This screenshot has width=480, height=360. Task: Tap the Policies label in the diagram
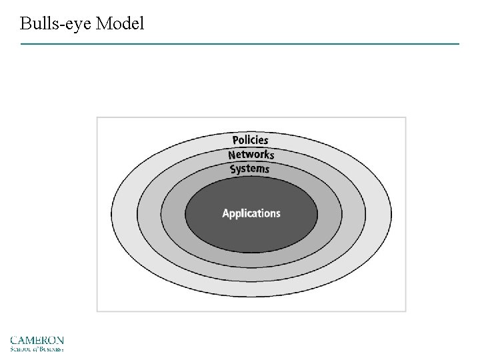[x=250, y=140]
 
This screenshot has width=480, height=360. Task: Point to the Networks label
[x=251, y=155]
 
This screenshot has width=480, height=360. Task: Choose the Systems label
[x=250, y=169]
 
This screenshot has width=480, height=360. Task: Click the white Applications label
[x=251, y=214]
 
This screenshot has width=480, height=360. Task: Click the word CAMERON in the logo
[x=37, y=340]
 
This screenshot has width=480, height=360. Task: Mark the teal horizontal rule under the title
[x=240, y=44]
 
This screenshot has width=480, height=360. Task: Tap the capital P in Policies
[x=235, y=140]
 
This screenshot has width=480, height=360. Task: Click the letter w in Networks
[x=247, y=155]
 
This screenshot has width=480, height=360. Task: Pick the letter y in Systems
[x=239, y=170]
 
